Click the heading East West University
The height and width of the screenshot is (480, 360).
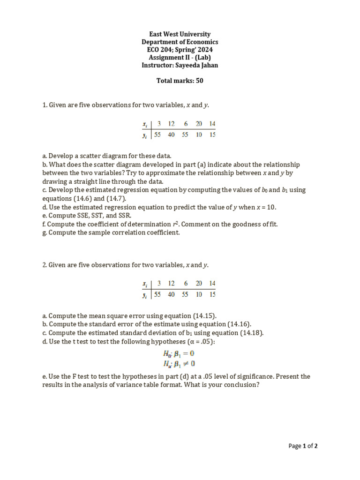pos(180,34)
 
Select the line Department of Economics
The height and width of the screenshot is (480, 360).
pos(180,42)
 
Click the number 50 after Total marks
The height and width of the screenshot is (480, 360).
pos(199,81)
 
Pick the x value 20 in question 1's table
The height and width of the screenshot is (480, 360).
pos(199,124)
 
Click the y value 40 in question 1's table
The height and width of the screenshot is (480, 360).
pos(172,135)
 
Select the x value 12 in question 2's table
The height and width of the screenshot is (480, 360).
pos(172,284)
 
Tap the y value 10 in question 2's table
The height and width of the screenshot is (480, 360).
pos(199,294)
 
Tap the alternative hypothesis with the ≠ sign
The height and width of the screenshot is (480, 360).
pos(179,363)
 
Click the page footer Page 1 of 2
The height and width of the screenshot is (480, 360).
pos(303,446)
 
